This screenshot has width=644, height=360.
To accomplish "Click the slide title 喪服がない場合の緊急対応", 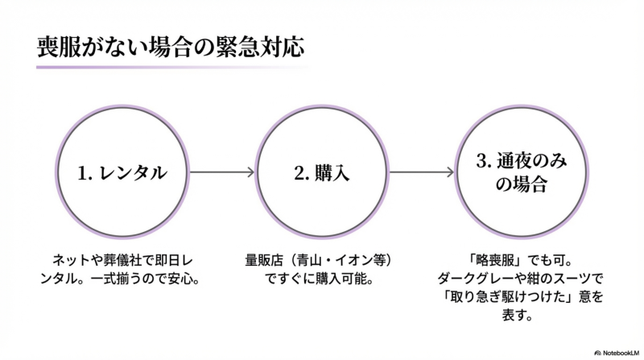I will pyautogui.click(x=170, y=45).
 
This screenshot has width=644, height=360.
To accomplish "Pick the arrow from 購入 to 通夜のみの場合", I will pyautogui.click(x=421, y=172).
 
